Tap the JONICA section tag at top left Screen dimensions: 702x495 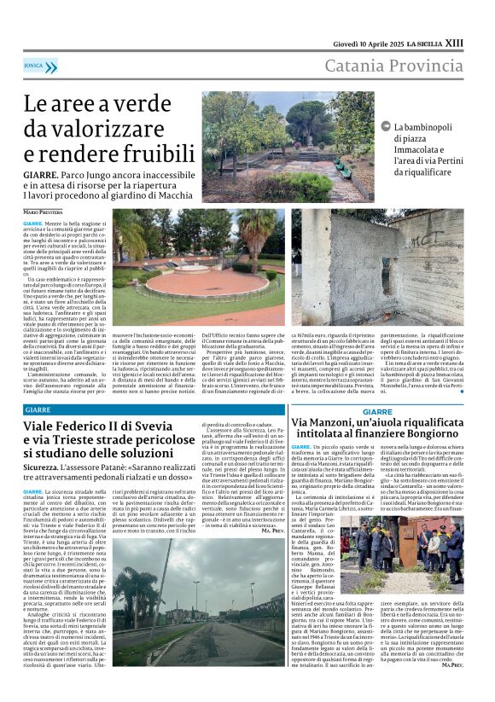(34, 65)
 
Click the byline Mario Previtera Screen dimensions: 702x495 (43, 211)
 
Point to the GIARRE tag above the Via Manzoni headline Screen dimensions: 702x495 (377, 411)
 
